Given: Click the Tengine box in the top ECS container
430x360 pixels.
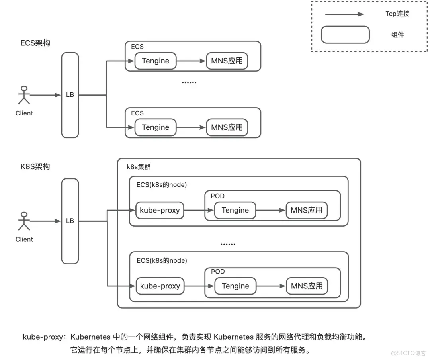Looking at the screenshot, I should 155,61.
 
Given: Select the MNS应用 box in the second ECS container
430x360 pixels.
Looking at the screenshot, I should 227,127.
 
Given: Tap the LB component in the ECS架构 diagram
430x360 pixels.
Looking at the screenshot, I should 70,95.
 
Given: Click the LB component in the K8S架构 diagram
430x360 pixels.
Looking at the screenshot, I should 70,221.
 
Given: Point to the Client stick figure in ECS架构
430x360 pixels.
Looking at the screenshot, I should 24,95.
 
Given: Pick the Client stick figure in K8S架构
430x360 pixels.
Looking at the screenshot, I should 24,221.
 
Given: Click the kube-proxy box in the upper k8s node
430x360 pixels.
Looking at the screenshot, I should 160,210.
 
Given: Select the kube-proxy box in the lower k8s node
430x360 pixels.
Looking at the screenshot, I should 160,286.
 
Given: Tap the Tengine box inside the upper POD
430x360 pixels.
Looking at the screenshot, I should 235,210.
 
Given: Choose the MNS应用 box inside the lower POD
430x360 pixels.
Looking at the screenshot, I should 307,286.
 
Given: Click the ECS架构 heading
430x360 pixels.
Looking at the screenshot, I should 35,43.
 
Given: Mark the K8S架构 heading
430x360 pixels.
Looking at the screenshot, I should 35,166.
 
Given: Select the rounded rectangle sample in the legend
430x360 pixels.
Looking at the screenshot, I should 345,35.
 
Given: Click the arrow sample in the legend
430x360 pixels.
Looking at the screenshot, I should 344,14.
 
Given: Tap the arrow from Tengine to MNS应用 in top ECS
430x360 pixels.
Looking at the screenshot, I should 191,61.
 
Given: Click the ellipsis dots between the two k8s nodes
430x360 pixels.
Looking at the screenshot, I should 228,244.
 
